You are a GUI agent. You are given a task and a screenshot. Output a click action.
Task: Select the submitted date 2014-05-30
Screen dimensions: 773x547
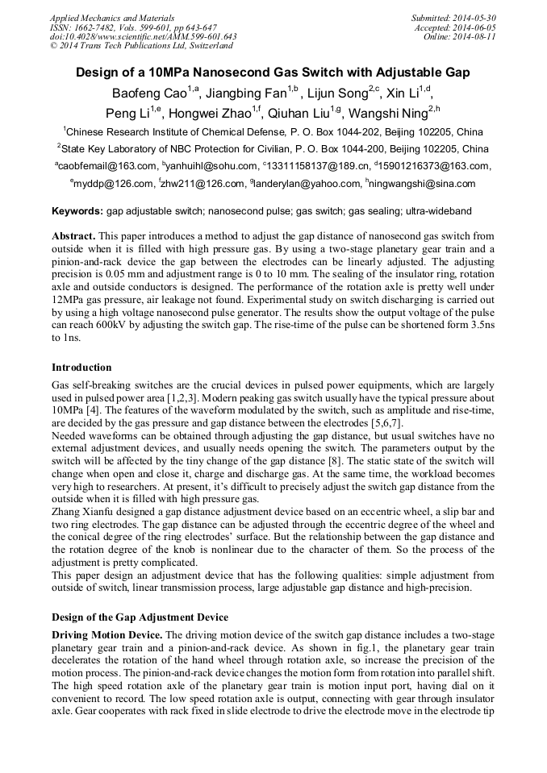pos(475,17)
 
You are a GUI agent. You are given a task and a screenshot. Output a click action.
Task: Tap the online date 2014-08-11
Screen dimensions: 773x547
pos(475,36)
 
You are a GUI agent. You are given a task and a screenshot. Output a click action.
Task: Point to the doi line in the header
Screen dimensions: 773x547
pos(143,36)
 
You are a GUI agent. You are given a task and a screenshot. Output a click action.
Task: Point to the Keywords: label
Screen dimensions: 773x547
pos(77,211)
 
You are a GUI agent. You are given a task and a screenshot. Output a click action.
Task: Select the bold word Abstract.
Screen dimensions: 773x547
pos(73,236)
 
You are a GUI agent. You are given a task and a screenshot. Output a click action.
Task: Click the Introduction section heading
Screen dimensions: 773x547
pos(81,368)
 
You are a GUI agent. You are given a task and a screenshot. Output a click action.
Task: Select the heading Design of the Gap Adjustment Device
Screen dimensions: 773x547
pos(140,617)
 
